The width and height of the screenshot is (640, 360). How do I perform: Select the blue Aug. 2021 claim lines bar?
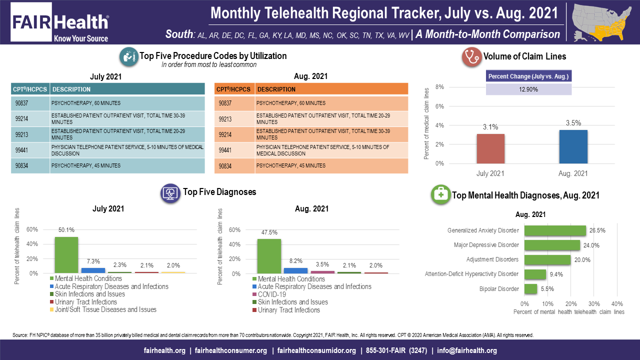tap(573, 146)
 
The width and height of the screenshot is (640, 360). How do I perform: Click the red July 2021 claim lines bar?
tap(490, 148)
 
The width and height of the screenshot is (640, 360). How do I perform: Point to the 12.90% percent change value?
tap(528, 89)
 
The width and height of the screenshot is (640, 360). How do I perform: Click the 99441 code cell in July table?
tap(30, 149)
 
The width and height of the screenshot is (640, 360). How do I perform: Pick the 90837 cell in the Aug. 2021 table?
tap(234, 103)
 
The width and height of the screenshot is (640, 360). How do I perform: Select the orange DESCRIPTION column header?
tap(331, 89)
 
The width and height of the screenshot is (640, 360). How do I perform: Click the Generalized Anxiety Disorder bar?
tap(555, 230)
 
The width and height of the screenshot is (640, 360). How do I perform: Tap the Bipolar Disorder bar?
tap(531, 288)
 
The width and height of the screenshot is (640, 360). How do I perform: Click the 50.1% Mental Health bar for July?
tap(66, 255)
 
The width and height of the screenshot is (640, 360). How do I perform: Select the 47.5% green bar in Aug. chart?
tap(269, 256)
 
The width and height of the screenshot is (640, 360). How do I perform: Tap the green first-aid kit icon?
tap(440, 195)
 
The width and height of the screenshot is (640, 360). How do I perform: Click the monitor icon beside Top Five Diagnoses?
tap(170, 192)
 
